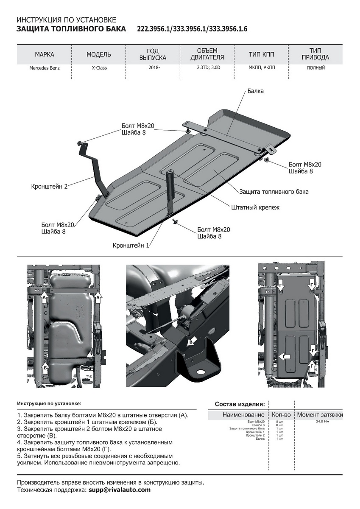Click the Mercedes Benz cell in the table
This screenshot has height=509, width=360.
(x=45, y=68)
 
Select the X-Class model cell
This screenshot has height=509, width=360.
(x=99, y=68)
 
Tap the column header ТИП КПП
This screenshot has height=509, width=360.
(x=262, y=55)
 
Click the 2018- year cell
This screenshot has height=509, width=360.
(x=153, y=68)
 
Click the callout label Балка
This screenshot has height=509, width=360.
(x=255, y=91)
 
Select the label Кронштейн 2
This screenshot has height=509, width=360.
(x=49, y=186)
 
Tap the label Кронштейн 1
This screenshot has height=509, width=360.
(x=131, y=245)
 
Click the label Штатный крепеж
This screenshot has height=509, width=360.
(x=255, y=207)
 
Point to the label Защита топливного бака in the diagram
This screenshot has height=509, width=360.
(x=274, y=192)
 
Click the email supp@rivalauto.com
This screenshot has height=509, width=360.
(x=120, y=490)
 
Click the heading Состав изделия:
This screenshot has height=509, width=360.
(x=240, y=404)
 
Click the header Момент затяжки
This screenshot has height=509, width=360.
(x=320, y=414)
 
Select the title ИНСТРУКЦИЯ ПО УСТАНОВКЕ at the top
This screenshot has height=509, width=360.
(x=66, y=20)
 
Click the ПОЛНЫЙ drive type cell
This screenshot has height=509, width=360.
(x=315, y=68)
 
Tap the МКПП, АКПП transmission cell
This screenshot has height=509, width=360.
(x=262, y=68)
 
